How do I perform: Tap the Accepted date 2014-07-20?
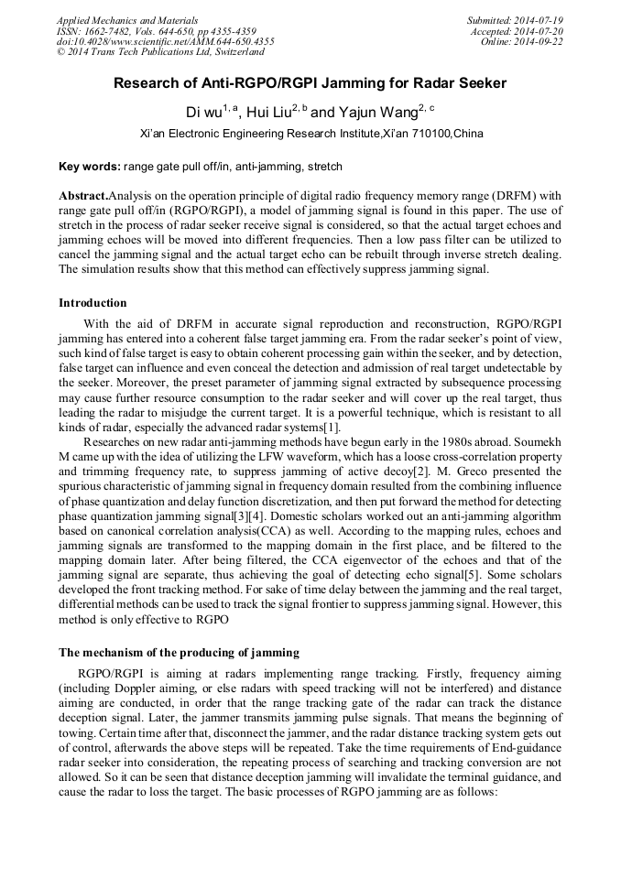pyautogui.click(x=539, y=30)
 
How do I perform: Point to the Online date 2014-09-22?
pyautogui.click(x=541, y=41)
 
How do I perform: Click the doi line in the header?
pyautogui.click(x=165, y=41)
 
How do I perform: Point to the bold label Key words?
pyautogui.click(x=89, y=167)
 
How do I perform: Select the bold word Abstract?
pyautogui.click(x=82, y=196)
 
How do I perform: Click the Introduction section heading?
pyautogui.click(x=93, y=303)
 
